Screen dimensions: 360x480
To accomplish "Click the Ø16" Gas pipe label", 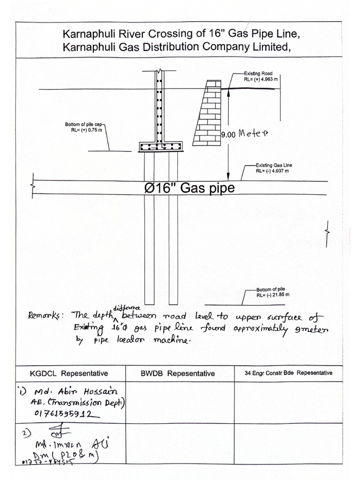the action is [x=189, y=188].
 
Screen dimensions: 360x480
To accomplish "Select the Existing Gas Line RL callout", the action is [x=274, y=168].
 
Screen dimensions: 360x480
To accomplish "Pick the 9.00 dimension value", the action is [x=229, y=135].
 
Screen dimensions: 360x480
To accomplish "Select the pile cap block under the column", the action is [x=160, y=147].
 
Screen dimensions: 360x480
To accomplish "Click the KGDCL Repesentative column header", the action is [x=69, y=374].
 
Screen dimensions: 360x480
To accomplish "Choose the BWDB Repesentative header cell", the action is [x=178, y=374].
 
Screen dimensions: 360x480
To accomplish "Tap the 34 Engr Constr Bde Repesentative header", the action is [x=288, y=373].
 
